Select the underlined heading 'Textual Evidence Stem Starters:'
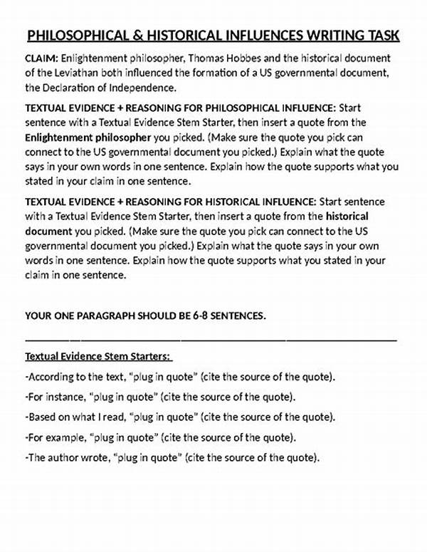click(x=99, y=356)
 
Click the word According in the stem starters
click(x=53, y=377)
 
